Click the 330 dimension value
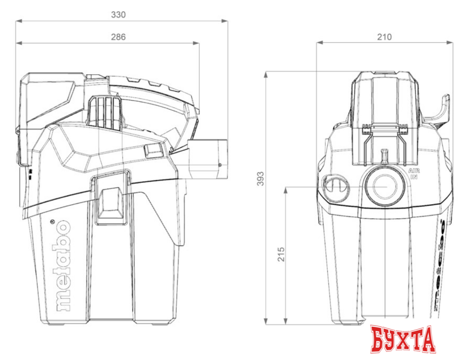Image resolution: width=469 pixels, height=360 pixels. click(118, 15)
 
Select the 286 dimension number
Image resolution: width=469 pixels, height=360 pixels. click(118, 37)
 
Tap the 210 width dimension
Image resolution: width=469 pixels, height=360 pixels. click(384, 37)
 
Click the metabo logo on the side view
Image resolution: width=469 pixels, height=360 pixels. click(64, 265)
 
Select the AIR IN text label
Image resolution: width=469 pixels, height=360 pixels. click(414, 173)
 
